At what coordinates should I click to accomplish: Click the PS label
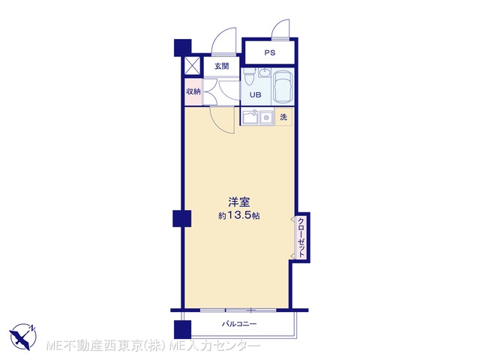(270, 52)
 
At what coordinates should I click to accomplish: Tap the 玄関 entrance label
(222, 66)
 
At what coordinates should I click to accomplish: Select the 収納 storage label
(193, 91)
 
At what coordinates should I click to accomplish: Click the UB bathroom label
(255, 95)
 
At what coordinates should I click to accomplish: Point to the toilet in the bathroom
(250, 76)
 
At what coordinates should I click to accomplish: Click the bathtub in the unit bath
(283, 87)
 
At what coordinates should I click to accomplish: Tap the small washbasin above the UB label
(264, 73)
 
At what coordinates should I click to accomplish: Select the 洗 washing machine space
(284, 117)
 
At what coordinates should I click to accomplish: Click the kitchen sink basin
(250, 117)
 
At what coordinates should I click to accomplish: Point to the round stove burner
(267, 118)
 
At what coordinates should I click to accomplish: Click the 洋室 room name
(238, 202)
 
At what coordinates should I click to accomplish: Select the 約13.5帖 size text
(238, 216)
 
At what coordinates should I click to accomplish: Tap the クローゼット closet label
(301, 238)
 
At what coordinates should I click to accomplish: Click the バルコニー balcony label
(239, 324)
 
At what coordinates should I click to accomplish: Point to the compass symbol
(23, 337)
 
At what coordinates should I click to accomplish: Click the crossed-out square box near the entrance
(192, 65)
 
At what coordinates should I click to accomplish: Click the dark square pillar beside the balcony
(182, 329)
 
